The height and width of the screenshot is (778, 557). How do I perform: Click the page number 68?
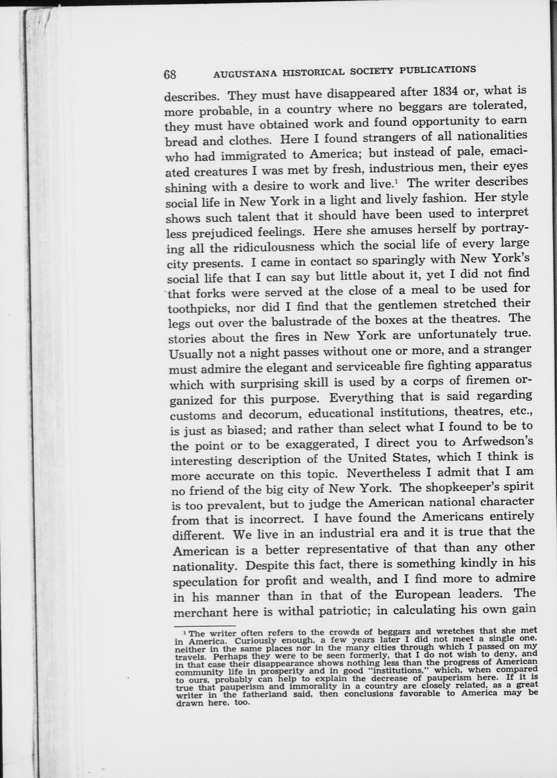pyautogui.click(x=170, y=75)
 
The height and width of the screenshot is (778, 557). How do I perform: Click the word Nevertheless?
pyautogui.click(x=384, y=472)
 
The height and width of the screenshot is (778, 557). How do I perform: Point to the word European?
pyautogui.click(x=422, y=595)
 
